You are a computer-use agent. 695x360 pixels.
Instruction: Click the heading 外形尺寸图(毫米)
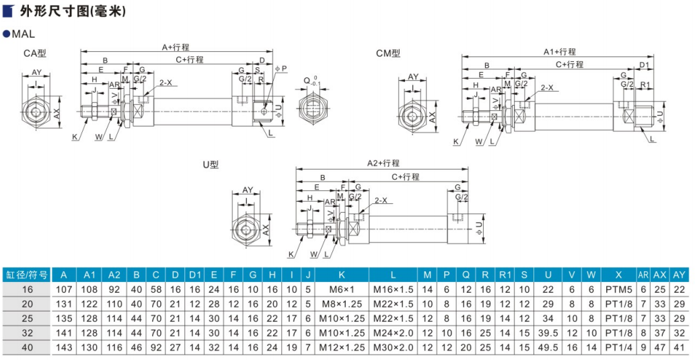72,11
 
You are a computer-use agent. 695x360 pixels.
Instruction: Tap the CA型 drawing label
34,53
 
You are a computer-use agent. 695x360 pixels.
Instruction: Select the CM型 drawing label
388,53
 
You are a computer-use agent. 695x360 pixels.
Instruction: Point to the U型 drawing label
211,164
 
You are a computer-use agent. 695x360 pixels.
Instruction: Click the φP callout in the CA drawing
281,68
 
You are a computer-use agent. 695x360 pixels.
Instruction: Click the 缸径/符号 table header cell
26,275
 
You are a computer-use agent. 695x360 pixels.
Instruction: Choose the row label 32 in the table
26,332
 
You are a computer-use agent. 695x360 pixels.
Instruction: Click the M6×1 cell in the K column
342,289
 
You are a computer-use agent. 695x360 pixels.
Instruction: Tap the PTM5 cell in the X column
615,289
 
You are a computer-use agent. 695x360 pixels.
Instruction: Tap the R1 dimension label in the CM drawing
645,85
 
